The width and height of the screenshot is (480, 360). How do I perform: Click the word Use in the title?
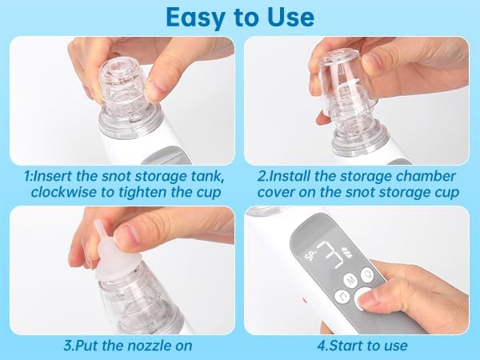[290, 17]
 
